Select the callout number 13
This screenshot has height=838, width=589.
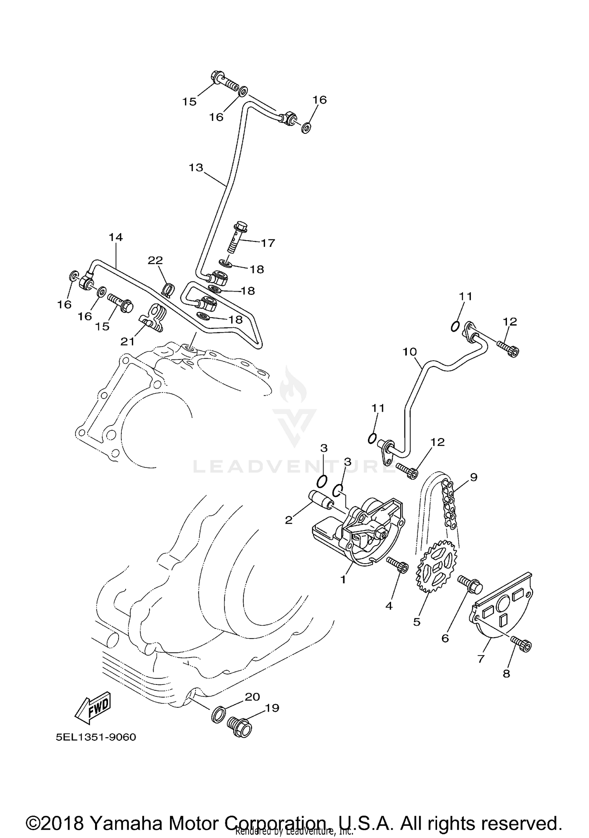click(x=196, y=168)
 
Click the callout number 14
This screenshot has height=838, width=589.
click(x=116, y=237)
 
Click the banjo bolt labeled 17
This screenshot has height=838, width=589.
click(x=238, y=238)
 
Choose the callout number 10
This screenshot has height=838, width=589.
click(x=409, y=351)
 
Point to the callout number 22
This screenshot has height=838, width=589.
click(x=155, y=260)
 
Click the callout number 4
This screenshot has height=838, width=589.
click(x=389, y=606)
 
